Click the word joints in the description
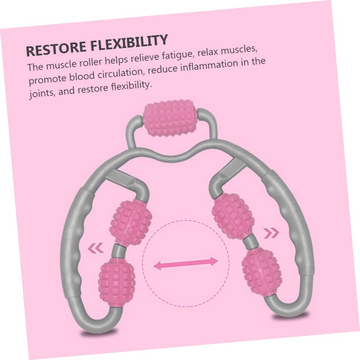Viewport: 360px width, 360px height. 42,95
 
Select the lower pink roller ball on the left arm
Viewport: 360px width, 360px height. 117,279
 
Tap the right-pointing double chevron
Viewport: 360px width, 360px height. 270,234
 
